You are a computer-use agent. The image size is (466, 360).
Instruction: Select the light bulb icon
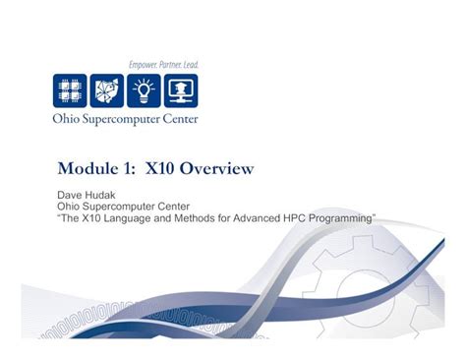coord(144,90)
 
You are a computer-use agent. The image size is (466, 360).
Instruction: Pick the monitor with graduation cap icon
coord(181,90)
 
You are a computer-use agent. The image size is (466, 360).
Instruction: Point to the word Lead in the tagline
coord(190,65)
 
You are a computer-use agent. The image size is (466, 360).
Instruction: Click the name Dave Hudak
coord(87,195)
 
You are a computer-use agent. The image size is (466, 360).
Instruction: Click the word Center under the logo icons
coord(178,119)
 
